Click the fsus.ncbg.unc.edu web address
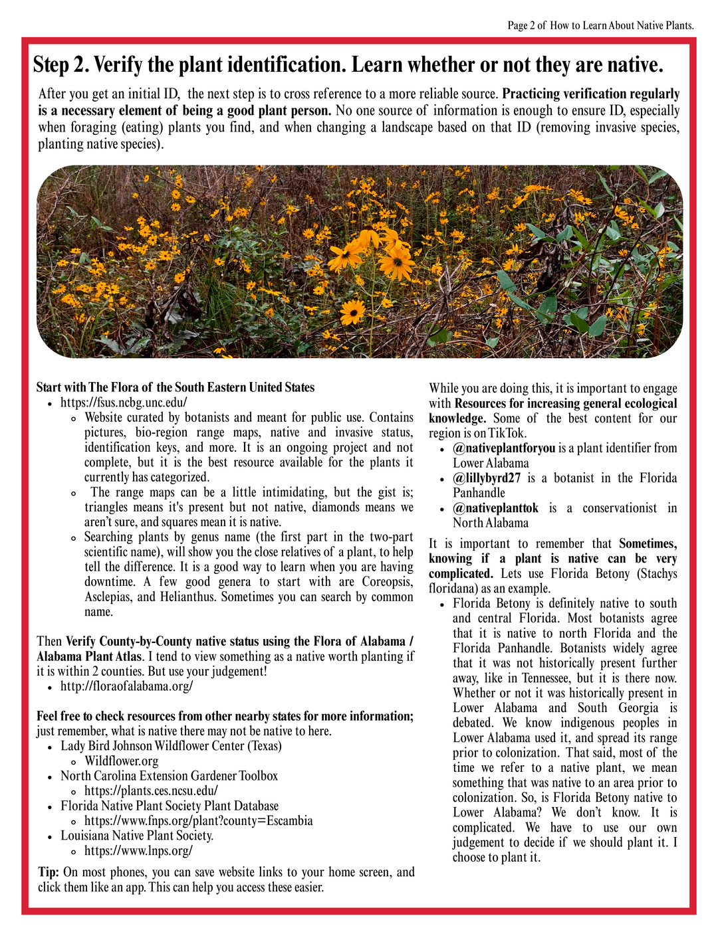coord(124,403)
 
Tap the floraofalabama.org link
coord(126,686)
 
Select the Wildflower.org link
coord(121,761)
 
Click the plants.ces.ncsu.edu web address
coord(151,791)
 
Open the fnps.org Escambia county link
coord(198,821)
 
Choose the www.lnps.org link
coord(138,851)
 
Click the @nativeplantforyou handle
coord(504,448)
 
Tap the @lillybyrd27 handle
coord(487,478)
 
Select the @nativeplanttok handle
coord(496,508)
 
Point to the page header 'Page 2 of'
coord(527,26)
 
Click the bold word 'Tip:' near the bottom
coord(49,872)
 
